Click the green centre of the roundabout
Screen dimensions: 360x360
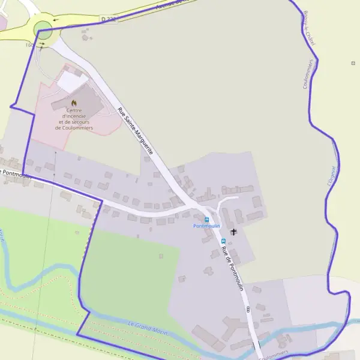tap(43, 28)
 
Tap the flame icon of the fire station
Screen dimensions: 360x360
tap(74, 103)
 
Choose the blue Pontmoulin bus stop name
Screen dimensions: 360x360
tap(206, 226)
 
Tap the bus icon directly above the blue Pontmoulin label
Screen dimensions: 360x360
tap(207, 219)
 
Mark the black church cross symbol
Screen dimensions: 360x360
tap(233, 231)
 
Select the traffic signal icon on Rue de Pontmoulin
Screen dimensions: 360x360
tap(248, 309)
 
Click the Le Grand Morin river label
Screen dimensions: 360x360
tap(148, 328)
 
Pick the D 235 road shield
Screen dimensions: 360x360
tap(109, 19)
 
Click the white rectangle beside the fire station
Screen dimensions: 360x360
tap(72, 82)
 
